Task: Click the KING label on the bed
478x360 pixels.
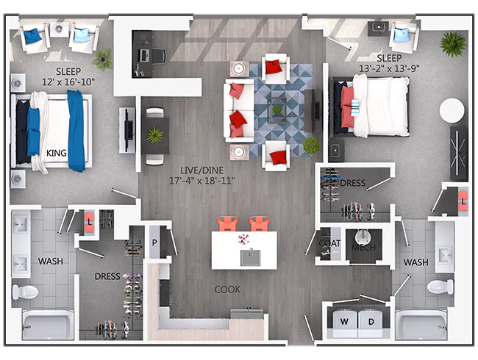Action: [x=57, y=153]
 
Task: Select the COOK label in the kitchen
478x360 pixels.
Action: [x=227, y=289]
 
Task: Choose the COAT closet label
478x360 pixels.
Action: [x=329, y=243]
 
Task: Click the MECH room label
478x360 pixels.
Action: [x=363, y=248]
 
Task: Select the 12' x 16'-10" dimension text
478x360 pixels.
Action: [x=68, y=82]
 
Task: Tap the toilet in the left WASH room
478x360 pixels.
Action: [x=26, y=291]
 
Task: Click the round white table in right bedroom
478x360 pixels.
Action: [x=452, y=111]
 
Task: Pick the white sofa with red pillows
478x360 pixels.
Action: [x=239, y=110]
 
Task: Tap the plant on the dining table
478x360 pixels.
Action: [x=155, y=135]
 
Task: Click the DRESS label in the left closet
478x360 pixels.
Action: [x=107, y=277]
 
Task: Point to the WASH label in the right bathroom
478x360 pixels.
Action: [x=415, y=262]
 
